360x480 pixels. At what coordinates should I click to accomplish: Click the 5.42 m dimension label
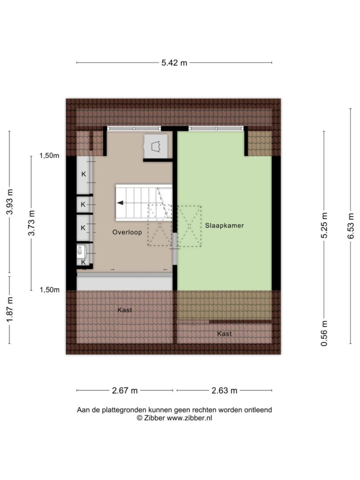(x=174, y=63)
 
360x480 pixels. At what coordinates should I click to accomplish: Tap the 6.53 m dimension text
(x=351, y=226)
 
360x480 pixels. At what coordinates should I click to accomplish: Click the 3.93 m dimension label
(x=9, y=202)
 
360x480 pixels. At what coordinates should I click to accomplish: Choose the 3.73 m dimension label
(x=31, y=223)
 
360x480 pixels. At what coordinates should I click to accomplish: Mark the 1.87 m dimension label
(x=9, y=310)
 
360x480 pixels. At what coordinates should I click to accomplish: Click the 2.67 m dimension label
(x=125, y=390)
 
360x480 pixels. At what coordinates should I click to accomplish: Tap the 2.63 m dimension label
(x=224, y=390)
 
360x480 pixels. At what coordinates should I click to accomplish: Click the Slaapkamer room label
(x=224, y=225)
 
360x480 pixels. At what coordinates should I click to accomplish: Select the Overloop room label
(x=127, y=232)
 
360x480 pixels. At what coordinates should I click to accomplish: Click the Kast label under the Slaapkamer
(x=225, y=334)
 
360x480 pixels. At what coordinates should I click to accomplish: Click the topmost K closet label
(x=83, y=174)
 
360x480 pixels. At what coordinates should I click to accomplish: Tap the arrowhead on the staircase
(x=120, y=203)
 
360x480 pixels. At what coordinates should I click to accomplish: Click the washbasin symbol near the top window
(x=157, y=147)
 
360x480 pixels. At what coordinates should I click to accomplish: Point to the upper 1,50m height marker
(x=49, y=156)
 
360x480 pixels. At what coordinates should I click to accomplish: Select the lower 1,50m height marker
(x=49, y=290)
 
